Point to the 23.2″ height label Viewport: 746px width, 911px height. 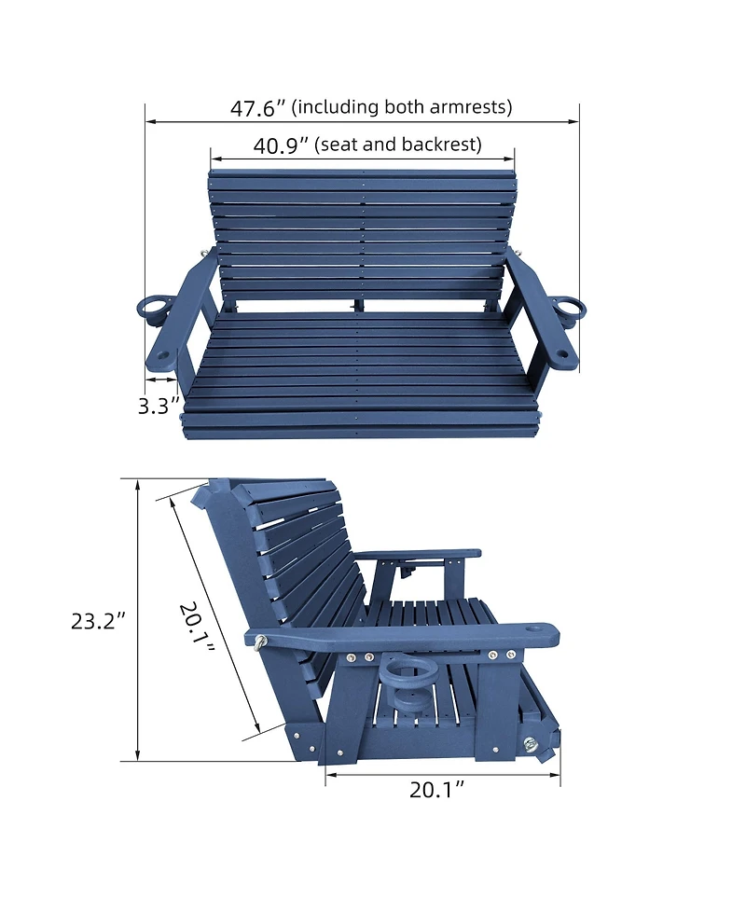point(98,621)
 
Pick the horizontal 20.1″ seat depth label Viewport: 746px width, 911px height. point(437,790)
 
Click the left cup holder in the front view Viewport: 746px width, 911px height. point(153,310)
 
